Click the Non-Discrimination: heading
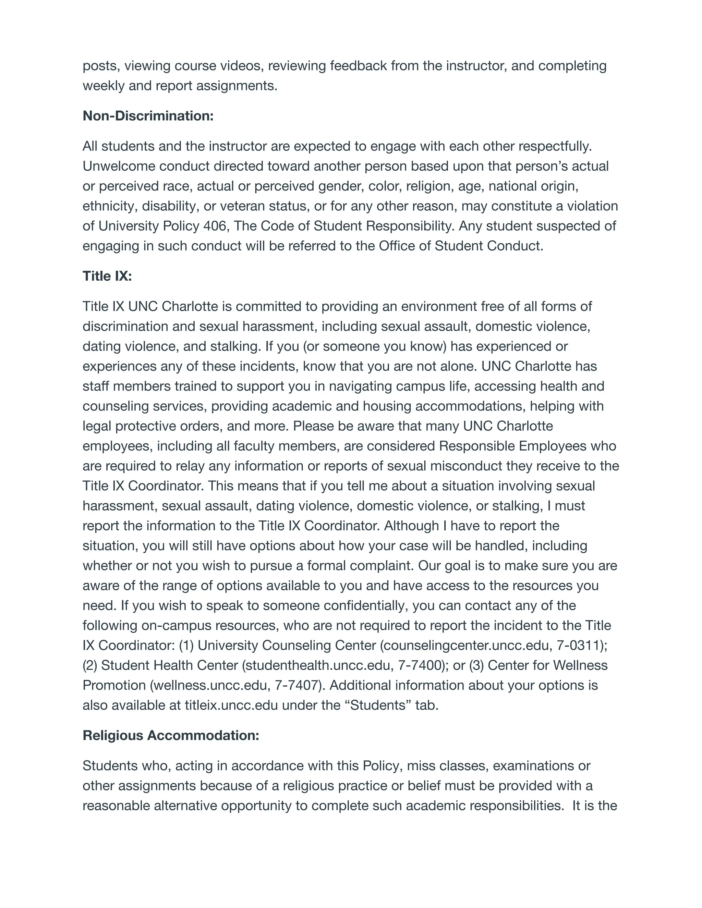tap(148, 116)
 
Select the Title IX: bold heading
tap(107, 276)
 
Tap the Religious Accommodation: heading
tap(170, 735)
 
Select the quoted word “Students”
tap(378, 705)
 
